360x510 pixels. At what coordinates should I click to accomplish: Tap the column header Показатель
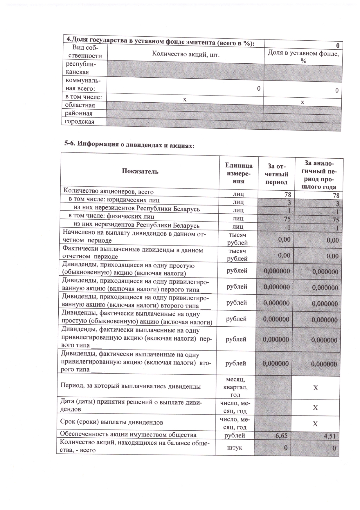pos(140,171)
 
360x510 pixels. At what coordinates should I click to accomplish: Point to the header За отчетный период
pos(278,174)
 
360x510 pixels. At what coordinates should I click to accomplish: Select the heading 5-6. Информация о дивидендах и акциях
pos(129,144)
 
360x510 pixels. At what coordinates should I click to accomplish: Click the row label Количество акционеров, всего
pos(109,191)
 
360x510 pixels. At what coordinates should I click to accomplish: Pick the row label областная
pos(80,105)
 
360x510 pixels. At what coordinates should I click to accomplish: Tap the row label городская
pos(79,121)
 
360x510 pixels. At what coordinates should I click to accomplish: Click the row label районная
pos(79,113)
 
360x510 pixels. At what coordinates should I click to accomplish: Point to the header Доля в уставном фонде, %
pos(303,57)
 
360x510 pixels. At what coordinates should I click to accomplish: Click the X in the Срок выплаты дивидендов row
pos(315,424)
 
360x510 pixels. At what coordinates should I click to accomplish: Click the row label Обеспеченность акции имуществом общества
pos(128,434)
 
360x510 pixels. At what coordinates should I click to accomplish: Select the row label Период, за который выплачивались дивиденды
pos(130,386)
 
